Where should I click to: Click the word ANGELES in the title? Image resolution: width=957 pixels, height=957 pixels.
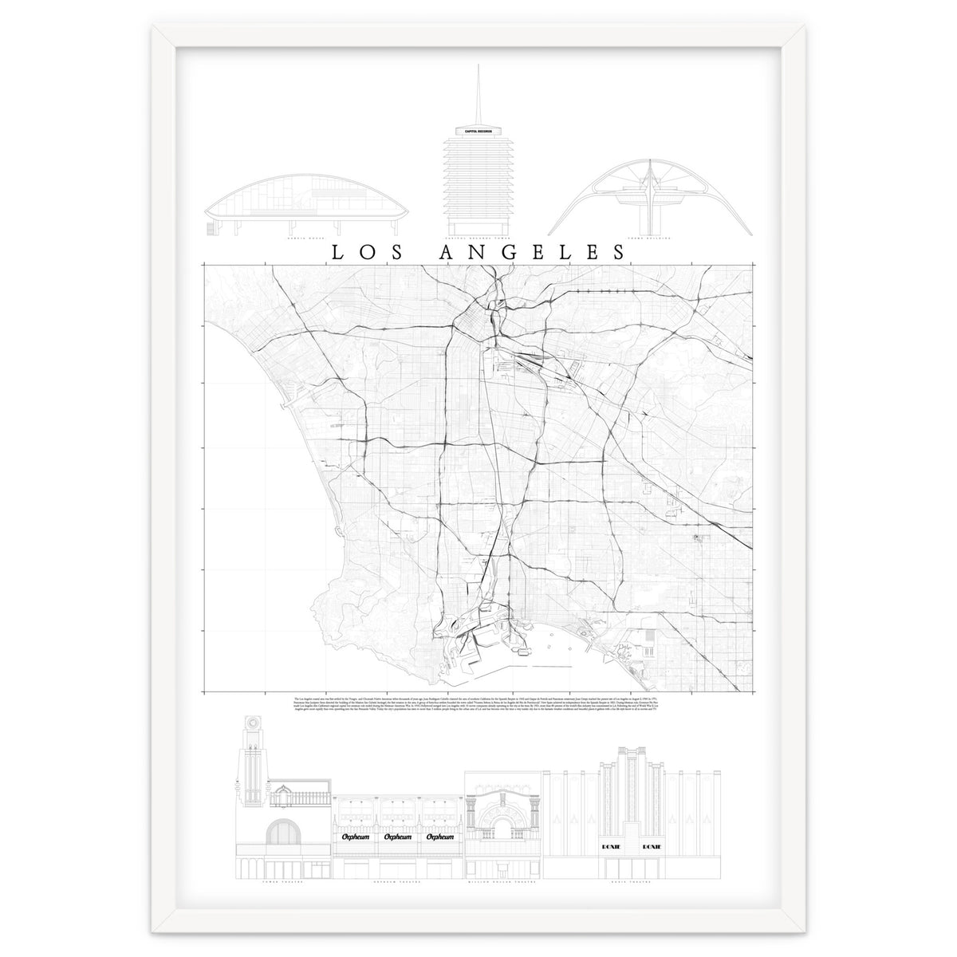pyautogui.click(x=533, y=252)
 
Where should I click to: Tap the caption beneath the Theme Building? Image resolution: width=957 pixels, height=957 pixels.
pyautogui.click(x=656, y=238)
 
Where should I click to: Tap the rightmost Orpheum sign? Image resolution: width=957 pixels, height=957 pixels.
pyautogui.click(x=440, y=838)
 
